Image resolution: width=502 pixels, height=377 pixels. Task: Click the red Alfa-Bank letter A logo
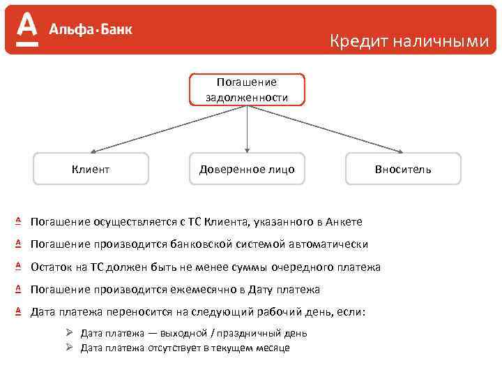tap(26, 30)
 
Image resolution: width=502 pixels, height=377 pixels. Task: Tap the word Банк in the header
tap(114, 29)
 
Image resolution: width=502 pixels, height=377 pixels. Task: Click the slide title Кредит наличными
tap(409, 41)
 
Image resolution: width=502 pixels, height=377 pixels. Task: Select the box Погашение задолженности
tap(247, 89)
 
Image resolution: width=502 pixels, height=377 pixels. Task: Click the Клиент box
tap(91, 168)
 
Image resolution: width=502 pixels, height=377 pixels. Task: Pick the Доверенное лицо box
tap(247, 168)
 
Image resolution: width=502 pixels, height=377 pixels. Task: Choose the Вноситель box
tap(403, 168)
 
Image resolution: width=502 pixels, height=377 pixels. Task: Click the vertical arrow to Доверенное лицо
tap(247, 129)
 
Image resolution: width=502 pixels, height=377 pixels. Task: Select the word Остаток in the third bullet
tap(51, 267)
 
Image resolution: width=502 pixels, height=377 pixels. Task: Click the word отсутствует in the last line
tap(168, 348)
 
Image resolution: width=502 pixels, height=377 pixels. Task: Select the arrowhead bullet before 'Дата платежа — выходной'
tap(69, 333)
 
